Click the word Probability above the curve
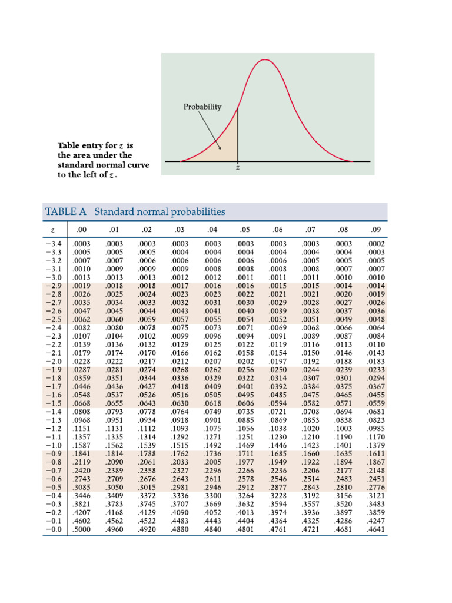[202, 107]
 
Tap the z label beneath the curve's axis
[238, 168]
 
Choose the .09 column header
[375, 229]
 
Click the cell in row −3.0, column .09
[375, 277]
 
